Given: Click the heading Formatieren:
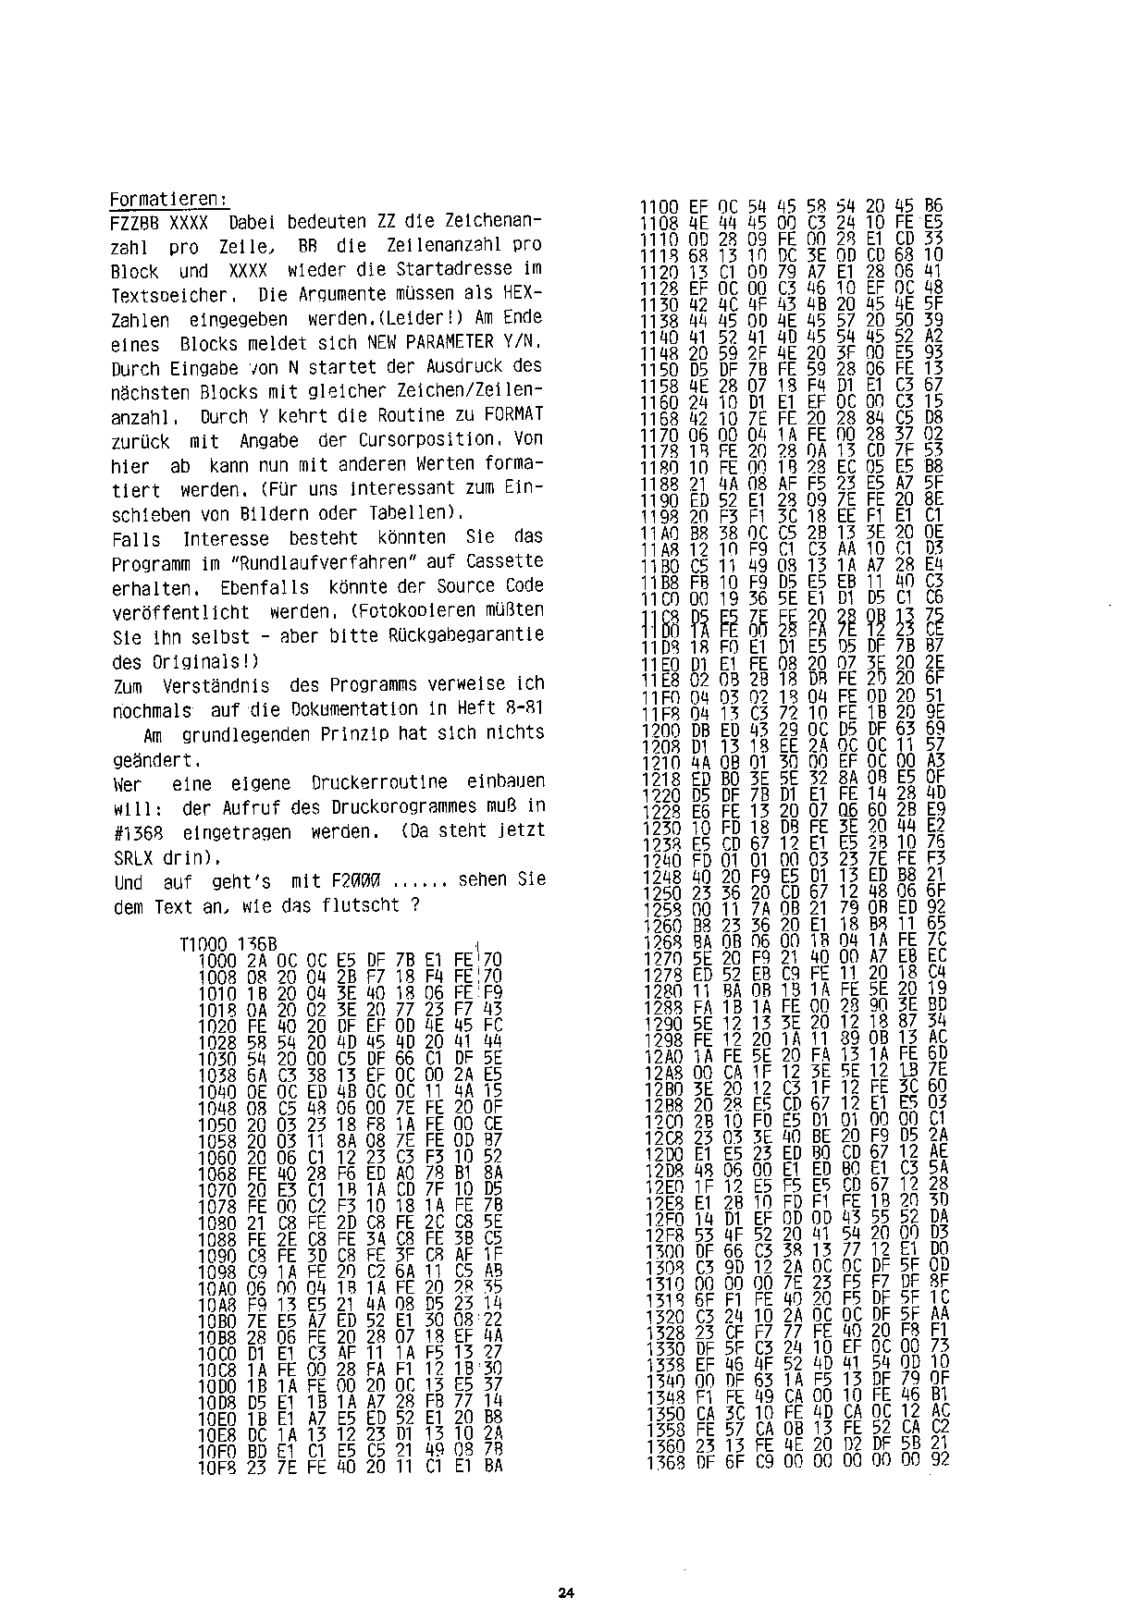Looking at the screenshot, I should click(169, 200).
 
